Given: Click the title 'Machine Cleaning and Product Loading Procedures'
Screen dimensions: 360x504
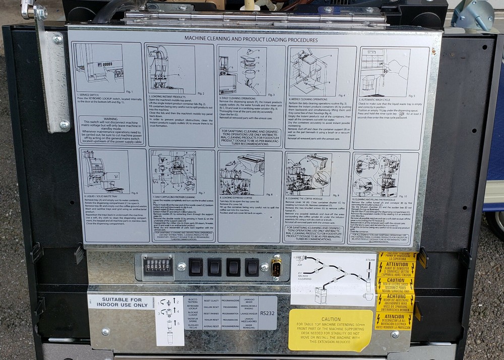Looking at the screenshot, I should click(x=250, y=39).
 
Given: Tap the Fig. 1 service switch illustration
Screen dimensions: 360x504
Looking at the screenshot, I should click(x=99, y=68).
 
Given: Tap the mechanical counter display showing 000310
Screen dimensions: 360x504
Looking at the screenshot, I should click(x=157, y=267).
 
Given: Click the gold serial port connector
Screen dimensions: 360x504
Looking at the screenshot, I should click(x=276, y=267).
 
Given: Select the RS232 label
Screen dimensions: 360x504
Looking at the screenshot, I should click(x=268, y=313).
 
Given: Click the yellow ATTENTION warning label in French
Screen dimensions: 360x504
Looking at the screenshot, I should click(x=397, y=268).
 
